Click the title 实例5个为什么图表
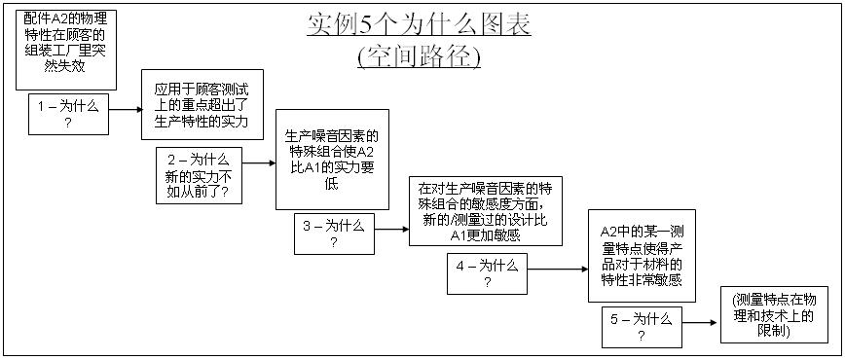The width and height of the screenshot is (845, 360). (419, 24)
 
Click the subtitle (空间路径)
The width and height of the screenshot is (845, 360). (419, 56)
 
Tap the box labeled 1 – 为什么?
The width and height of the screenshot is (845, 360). (68, 114)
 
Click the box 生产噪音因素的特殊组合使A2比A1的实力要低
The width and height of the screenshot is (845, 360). (332, 159)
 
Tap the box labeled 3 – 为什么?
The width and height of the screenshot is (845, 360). (333, 234)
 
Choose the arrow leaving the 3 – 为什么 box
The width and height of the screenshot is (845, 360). (390, 230)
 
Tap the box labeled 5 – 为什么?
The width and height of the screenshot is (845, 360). (641, 326)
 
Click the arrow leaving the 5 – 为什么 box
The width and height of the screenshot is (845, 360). (699, 322)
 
